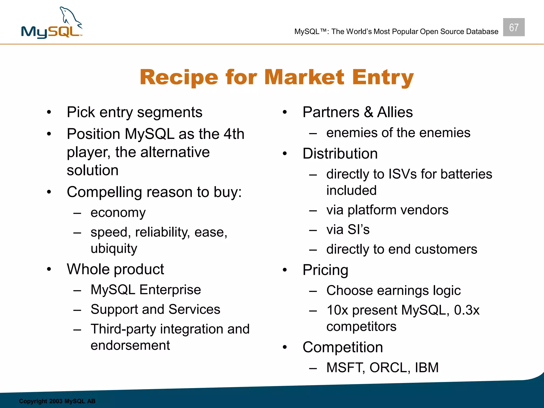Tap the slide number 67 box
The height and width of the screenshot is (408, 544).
[513, 27]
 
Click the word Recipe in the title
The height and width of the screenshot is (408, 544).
[178, 77]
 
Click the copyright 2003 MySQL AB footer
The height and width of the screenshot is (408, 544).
[57, 401]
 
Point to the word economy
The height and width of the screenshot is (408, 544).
[118, 213]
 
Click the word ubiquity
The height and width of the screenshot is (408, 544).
[114, 249]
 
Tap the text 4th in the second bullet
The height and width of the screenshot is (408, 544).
[234, 134]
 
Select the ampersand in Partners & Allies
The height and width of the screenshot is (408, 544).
[368, 112]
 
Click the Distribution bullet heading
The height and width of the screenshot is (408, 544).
[340, 154]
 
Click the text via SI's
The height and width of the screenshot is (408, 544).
[348, 229]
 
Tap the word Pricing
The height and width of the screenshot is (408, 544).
[325, 270]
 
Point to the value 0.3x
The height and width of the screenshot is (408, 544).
[467, 310]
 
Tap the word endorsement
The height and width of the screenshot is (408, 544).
[130, 346]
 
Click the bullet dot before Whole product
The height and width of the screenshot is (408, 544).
[49, 269]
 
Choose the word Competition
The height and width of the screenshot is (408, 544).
[343, 347]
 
